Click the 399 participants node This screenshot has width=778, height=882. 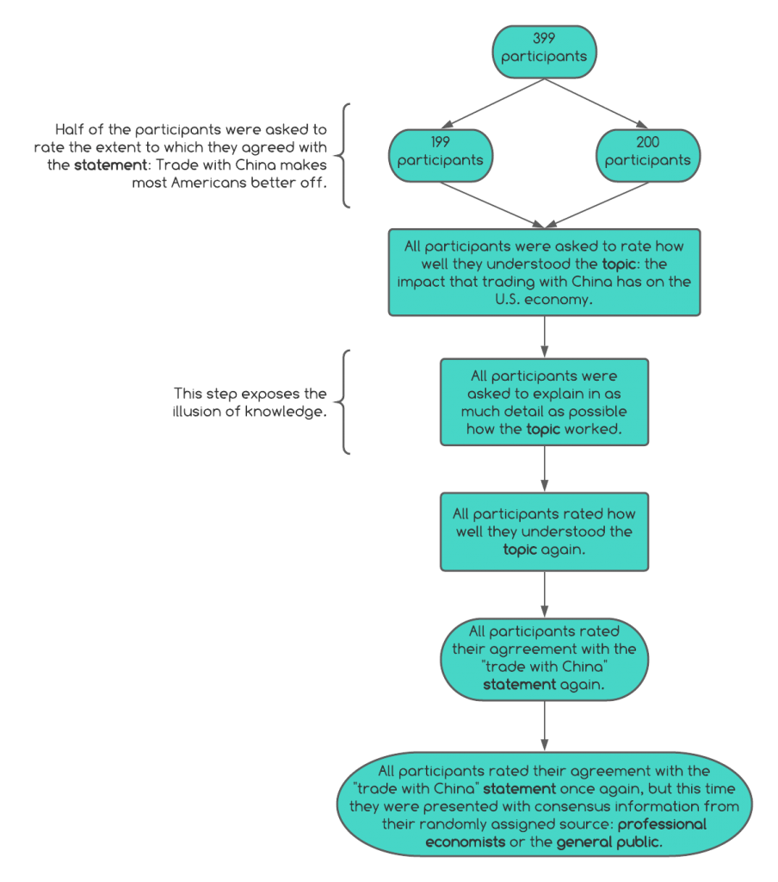tap(544, 52)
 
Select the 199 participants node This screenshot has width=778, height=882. tap(441, 156)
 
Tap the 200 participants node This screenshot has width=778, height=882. tap(647, 156)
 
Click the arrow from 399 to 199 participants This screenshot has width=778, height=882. tap(493, 103)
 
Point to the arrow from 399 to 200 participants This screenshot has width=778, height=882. tap(596, 103)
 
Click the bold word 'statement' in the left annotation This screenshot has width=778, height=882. tap(111, 165)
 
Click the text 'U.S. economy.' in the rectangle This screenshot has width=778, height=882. tap(544, 299)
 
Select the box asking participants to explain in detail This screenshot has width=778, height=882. tap(544, 402)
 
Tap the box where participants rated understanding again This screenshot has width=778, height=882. tap(544, 532)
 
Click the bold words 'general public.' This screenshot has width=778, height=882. tap(609, 842)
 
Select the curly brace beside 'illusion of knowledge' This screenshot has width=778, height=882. tap(342, 402)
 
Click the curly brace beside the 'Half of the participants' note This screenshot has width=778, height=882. tap(342, 156)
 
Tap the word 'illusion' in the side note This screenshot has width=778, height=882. tap(197, 412)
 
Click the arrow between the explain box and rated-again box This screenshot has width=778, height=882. tap(544, 469)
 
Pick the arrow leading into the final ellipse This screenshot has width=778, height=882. tap(544, 726)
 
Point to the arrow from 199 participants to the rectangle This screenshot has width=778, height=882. tap(492, 205)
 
